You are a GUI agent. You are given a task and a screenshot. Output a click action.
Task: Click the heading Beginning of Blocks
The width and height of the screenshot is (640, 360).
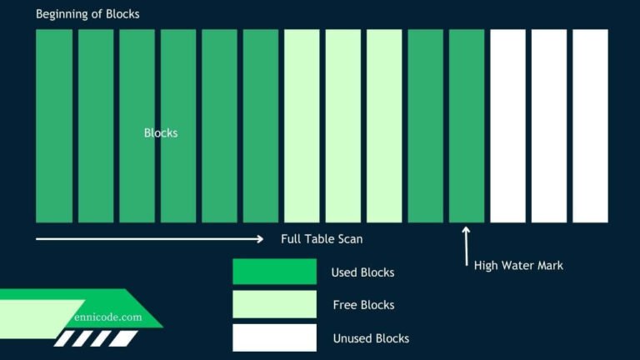tap(87, 14)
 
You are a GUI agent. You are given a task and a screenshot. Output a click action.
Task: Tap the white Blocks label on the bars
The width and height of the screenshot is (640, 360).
tap(161, 132)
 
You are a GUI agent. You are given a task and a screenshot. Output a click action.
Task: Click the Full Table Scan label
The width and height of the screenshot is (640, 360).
tap(322, 239)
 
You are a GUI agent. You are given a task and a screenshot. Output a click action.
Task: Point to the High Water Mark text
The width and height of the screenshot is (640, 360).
tap(518, 265)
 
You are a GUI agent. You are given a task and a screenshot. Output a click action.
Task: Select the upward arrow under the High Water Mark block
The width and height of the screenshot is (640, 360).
tap(466, 245)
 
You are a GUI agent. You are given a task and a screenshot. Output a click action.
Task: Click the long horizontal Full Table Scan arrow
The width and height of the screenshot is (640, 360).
tap(150, 239)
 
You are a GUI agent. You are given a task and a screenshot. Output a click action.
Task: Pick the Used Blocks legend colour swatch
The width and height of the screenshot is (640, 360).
tap(274, 272)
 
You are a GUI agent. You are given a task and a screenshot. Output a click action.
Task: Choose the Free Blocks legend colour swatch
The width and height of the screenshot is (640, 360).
tap(274, 304)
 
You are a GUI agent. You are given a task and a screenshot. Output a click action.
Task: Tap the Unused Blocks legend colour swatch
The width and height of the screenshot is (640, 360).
tap(274, 337)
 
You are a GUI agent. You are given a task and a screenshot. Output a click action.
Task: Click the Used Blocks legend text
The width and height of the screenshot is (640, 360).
tap(362, 272)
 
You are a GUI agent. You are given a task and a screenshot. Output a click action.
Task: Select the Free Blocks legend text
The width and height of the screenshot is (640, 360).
tap(363, 305)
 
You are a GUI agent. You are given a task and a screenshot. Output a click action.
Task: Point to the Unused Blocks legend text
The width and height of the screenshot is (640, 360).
tap(371, 338)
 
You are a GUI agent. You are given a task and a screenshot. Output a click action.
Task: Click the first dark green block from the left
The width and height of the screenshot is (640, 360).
tap(54, 126)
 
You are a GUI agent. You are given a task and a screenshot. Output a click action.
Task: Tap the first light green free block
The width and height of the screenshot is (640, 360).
tap(302, 126)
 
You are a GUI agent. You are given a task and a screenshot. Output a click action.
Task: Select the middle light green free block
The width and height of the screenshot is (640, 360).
tap(342, 126)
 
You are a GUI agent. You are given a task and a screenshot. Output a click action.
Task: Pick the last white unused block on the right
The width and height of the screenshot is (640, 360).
tap(590, 126)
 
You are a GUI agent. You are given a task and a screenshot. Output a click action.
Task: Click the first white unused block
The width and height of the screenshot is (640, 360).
tap(507, 126)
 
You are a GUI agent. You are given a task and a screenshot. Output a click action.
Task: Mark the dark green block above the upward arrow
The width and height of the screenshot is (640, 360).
tap(466, 126)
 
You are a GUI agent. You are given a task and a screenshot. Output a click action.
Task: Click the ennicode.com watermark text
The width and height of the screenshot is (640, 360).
tap(106, 317)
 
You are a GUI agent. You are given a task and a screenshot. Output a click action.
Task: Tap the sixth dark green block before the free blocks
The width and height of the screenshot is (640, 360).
tap(260, 126)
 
